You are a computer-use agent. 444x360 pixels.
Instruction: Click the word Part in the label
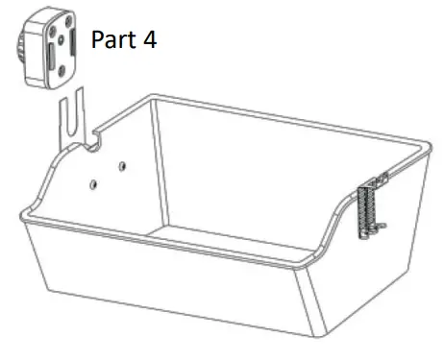[113, 40]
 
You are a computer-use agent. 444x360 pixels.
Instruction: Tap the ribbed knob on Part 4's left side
[20, 48]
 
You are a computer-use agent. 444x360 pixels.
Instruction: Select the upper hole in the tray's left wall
[121, 165]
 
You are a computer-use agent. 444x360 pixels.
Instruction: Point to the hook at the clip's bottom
[377, 228]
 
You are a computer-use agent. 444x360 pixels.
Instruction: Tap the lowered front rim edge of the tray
[192, 252]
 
